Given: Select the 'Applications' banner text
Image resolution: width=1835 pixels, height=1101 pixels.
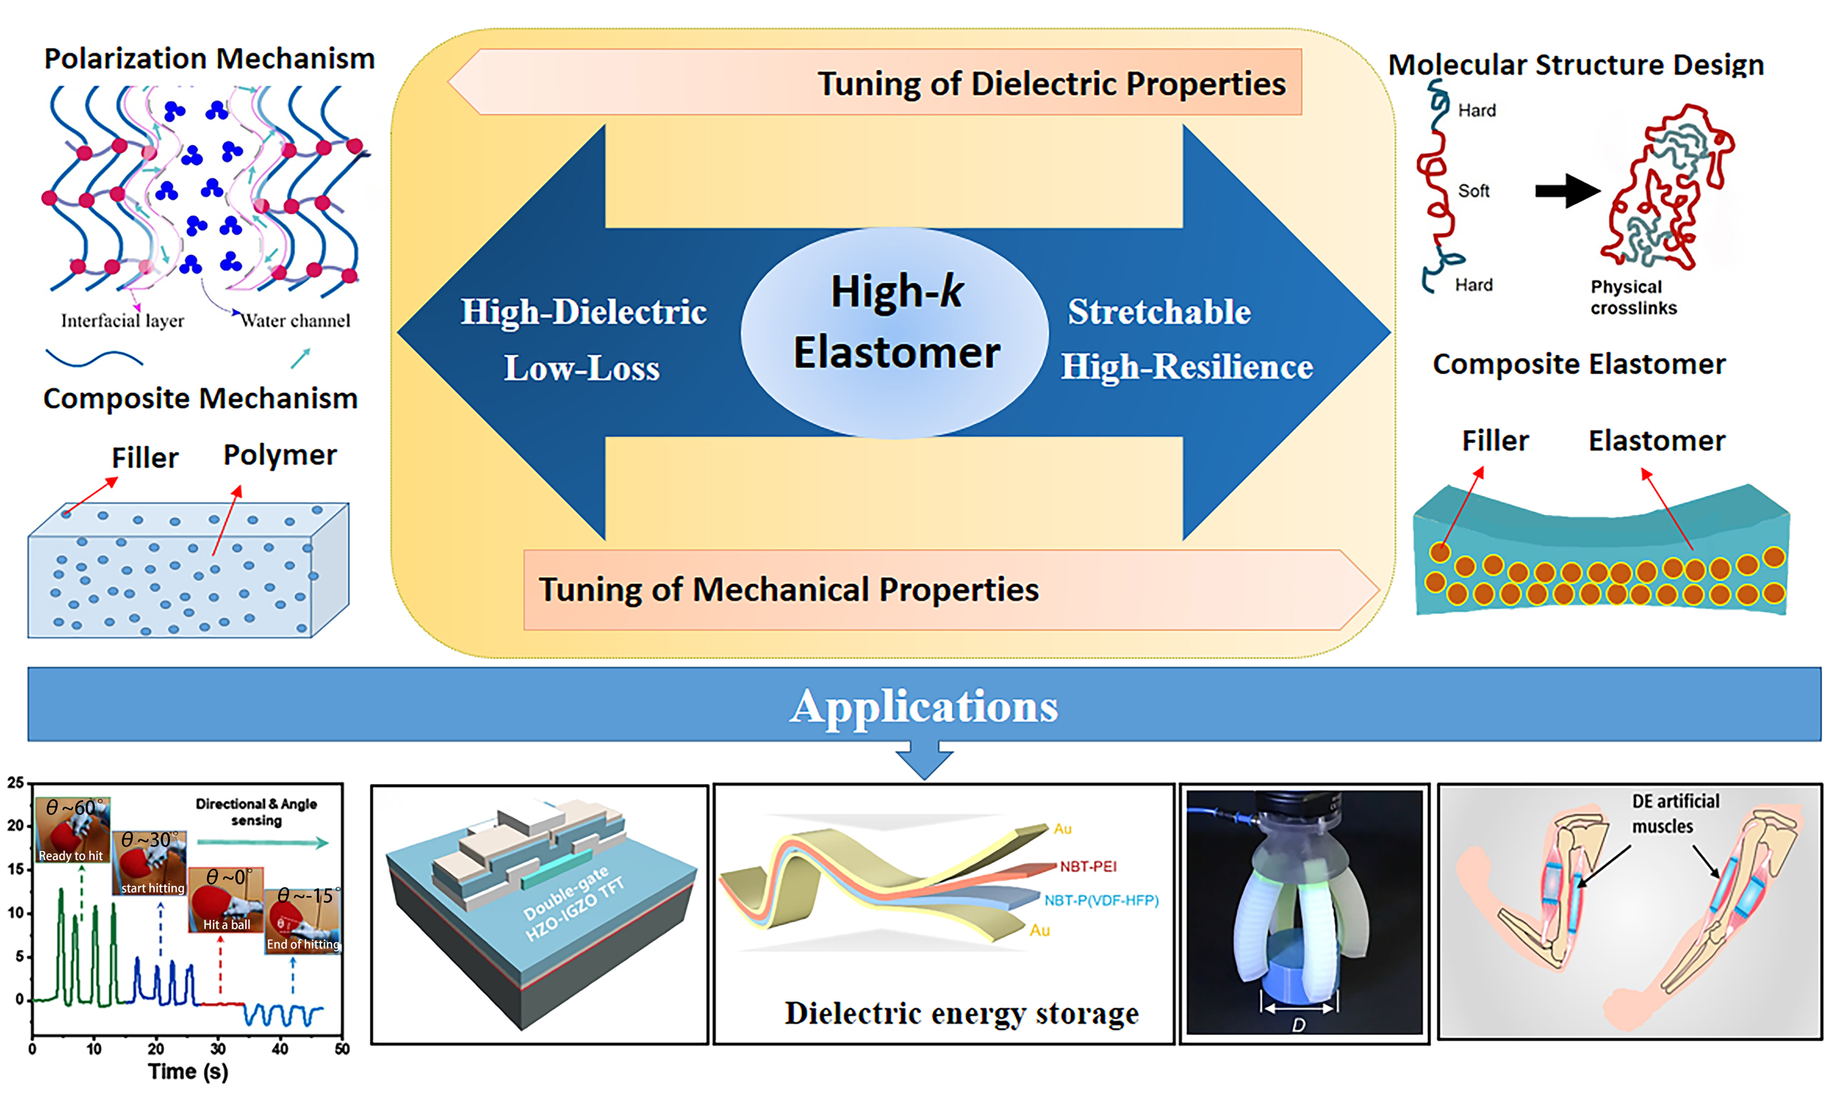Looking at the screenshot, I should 924,705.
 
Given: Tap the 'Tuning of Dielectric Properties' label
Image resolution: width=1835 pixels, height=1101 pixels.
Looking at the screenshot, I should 1051,83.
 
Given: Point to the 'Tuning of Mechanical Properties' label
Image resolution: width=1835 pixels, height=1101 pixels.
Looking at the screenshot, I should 788,590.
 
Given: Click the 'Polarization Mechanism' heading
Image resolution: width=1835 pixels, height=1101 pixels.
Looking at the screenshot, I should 209,59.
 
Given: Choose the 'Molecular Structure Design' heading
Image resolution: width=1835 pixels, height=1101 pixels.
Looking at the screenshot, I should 1576,65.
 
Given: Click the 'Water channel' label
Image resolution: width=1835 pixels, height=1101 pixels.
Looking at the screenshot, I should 295,320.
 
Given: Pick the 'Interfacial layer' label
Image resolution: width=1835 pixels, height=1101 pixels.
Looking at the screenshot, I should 123,320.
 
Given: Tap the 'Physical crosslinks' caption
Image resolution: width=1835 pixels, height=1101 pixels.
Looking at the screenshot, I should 1634,297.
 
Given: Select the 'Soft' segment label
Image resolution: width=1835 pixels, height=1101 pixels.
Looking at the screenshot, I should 1473,191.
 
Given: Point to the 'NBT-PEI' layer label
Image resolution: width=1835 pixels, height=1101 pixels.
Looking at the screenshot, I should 1087,867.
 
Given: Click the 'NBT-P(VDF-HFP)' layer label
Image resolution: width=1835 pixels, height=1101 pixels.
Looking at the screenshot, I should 1101,901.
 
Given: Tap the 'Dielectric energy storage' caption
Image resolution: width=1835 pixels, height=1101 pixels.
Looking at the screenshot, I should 961,1014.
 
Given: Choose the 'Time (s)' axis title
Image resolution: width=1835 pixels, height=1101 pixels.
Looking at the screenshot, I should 188,1072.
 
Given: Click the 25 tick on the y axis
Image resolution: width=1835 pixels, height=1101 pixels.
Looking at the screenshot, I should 16,782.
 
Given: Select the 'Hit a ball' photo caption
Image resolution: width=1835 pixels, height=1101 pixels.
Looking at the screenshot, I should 227,925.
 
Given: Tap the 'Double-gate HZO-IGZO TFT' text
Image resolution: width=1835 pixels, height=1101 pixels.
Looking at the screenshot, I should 573,904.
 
